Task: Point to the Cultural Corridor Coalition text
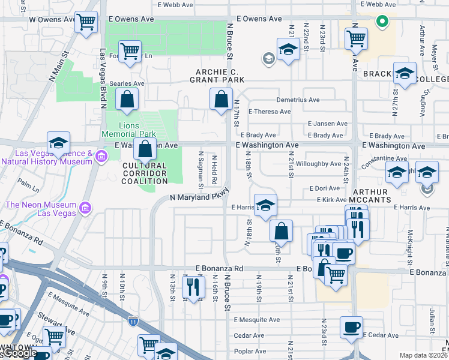pyautogui.click(x=145, y=173)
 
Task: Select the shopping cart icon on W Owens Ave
pyautogui.click(x=86, y=23)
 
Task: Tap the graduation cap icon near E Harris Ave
pyautogui.click(x=265, y=205)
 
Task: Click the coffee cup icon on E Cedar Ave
pyautogui.click(x=351, y=328)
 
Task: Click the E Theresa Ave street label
pyautogui.click(x=270, y=112)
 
